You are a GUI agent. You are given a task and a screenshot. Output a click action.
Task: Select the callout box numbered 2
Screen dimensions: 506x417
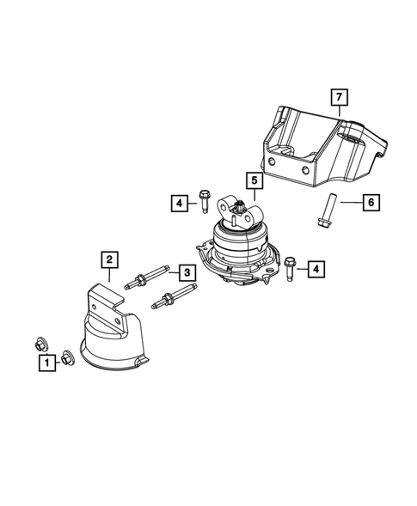[109, 258]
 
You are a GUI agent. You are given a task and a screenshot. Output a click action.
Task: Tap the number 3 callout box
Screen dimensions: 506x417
[184, 272]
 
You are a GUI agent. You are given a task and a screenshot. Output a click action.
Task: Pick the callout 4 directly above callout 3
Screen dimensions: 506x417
[178, 203]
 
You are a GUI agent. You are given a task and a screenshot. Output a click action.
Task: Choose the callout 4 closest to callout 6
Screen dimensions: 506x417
[316, 270]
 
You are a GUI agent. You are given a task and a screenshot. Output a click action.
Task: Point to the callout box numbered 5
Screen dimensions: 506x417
[255, 180]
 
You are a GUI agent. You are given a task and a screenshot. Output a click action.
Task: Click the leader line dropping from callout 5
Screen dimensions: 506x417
[255, 194]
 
